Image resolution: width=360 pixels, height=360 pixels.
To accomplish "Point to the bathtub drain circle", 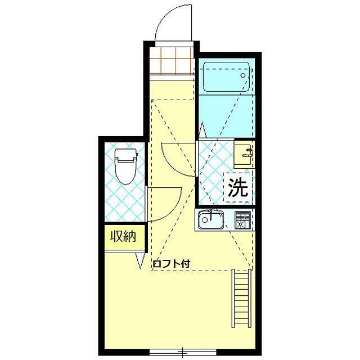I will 244,74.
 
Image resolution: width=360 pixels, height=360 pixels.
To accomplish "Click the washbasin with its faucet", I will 243,152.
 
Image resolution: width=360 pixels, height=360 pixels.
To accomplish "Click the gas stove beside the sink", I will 242,220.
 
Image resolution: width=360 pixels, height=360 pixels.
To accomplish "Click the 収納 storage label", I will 123,237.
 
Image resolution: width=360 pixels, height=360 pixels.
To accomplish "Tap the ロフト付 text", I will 172,263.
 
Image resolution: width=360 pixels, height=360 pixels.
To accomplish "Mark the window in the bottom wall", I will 182,353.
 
